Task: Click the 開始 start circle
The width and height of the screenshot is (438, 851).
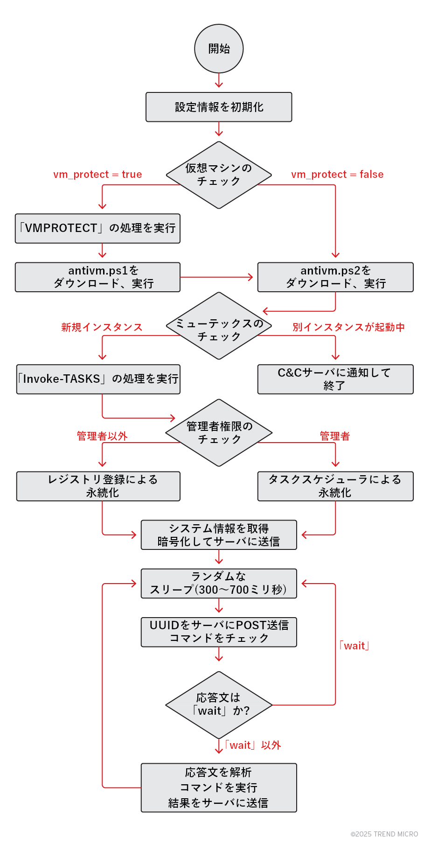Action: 219,49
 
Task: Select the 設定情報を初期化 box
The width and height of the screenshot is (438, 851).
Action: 219,107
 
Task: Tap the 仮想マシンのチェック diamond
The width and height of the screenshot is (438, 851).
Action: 219,175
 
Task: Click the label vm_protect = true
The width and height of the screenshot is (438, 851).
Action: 97,175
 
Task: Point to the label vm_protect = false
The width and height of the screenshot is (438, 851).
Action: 337,175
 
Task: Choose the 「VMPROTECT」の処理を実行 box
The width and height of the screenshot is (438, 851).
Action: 97,228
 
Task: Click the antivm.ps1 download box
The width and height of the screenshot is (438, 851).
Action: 97,277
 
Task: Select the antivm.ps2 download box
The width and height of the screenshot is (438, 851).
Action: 335,277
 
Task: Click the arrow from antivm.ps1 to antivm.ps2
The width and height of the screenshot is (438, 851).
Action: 217,277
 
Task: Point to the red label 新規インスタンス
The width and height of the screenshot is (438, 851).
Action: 102,327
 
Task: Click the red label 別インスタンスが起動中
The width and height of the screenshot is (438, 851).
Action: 348,327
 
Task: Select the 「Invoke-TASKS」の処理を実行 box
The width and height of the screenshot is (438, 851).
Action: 98,379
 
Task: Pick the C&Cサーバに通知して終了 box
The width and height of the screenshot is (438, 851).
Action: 335,379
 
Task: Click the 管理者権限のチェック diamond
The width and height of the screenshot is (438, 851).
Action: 219,433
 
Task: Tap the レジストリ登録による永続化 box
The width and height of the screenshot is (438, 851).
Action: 98,486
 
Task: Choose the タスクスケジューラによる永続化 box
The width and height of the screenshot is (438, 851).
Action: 335,486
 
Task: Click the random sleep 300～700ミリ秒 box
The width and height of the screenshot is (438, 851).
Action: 219,583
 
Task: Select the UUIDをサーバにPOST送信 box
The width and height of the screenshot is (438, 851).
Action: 219,632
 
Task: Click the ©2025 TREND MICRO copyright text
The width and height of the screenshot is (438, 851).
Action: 384,834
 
